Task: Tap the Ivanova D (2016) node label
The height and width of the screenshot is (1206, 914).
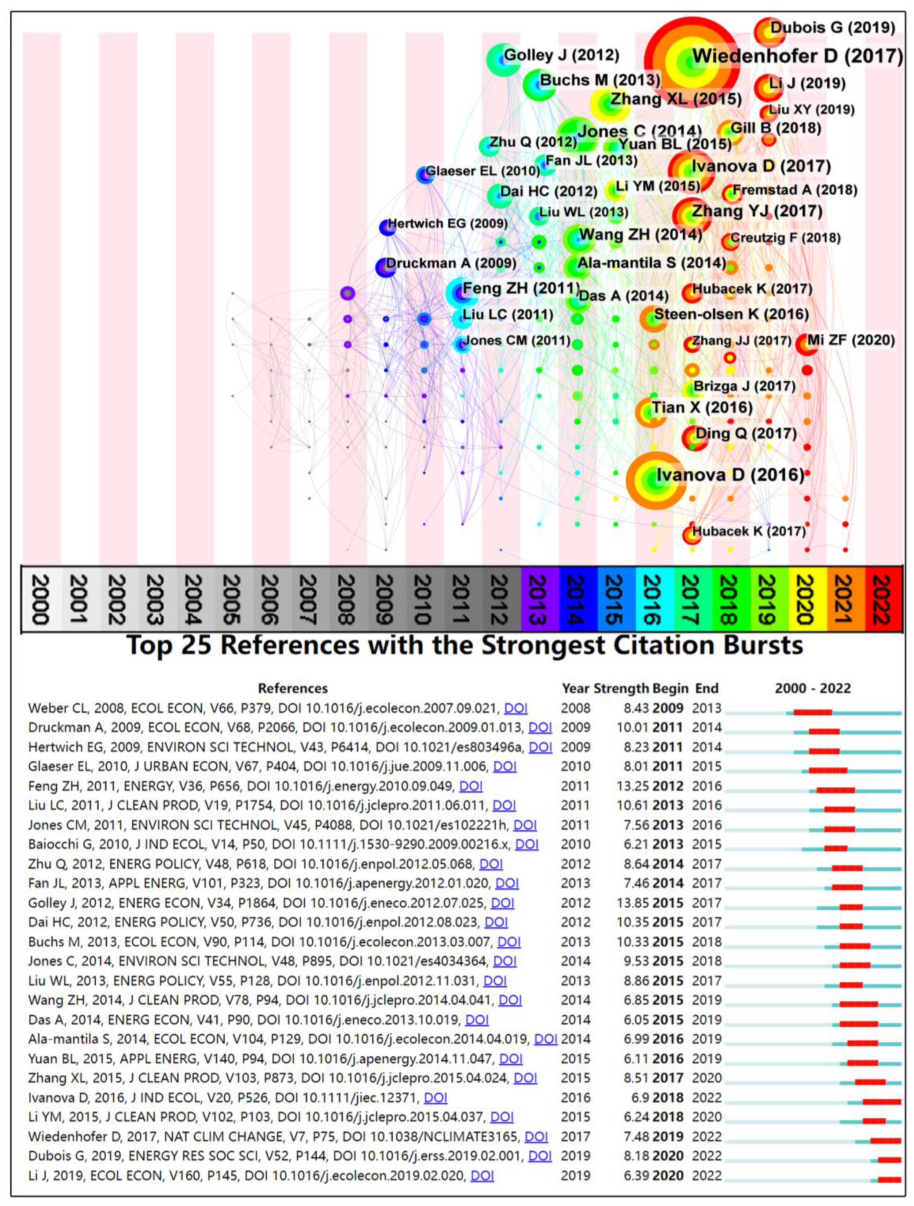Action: tap(729, 475)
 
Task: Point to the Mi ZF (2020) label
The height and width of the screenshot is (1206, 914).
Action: tap(851, 340)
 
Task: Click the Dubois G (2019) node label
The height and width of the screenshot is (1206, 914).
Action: tap(832, 27)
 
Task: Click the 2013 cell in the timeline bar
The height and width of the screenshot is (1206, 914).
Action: tap(540, 599)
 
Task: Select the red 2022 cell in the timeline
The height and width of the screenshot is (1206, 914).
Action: tap(884, 599)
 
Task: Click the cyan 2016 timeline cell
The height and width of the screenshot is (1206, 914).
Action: tap(655, 599)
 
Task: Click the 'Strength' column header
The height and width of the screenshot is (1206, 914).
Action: tap(622, 688)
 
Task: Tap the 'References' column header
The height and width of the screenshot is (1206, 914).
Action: tap(292, 688)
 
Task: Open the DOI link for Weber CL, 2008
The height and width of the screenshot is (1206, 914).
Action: tap(516, 708)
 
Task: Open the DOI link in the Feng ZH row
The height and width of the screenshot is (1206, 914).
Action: tap(471, 786)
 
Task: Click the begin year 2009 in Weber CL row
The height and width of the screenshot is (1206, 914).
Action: tap(668, 708)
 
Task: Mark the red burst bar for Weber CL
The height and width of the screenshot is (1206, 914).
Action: tap(813, 712)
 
